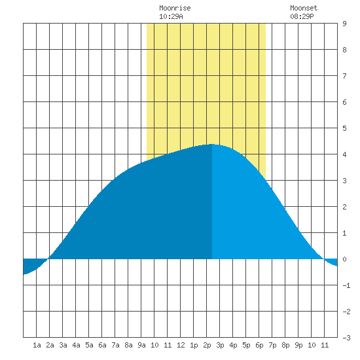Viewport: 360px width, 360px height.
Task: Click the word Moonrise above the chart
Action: click(175, 8)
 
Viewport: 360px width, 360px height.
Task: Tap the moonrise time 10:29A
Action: click(171, 16)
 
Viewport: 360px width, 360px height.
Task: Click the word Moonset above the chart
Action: click(304, 8)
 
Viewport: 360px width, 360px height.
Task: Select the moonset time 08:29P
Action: click(302, 16)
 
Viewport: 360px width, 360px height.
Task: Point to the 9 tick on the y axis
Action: click(344, 24)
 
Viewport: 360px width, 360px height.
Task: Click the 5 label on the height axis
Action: click(344, 128)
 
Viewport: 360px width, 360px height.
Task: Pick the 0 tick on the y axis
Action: click(344, 259)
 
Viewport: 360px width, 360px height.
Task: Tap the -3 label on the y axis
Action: click(346, 338)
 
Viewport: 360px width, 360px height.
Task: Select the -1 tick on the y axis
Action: click(346, 285)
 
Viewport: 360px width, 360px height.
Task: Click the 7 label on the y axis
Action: click(344, 76)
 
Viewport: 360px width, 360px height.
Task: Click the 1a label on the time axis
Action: click(37, 345)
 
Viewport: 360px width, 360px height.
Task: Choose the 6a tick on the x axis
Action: click(102, 345)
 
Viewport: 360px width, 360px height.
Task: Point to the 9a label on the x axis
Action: click(141, 345)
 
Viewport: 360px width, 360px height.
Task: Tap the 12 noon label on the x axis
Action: click(181, 345)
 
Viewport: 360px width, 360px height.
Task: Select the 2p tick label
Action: click(207, 345)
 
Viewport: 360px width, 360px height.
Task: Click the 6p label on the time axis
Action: click(259, 345)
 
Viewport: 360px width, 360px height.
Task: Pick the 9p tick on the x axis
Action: click(298, 345)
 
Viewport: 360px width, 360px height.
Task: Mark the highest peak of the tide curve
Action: click(211, 144)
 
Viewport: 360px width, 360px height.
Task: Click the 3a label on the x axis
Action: click(63, 345)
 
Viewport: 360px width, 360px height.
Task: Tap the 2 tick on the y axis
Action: click(344, 207)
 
